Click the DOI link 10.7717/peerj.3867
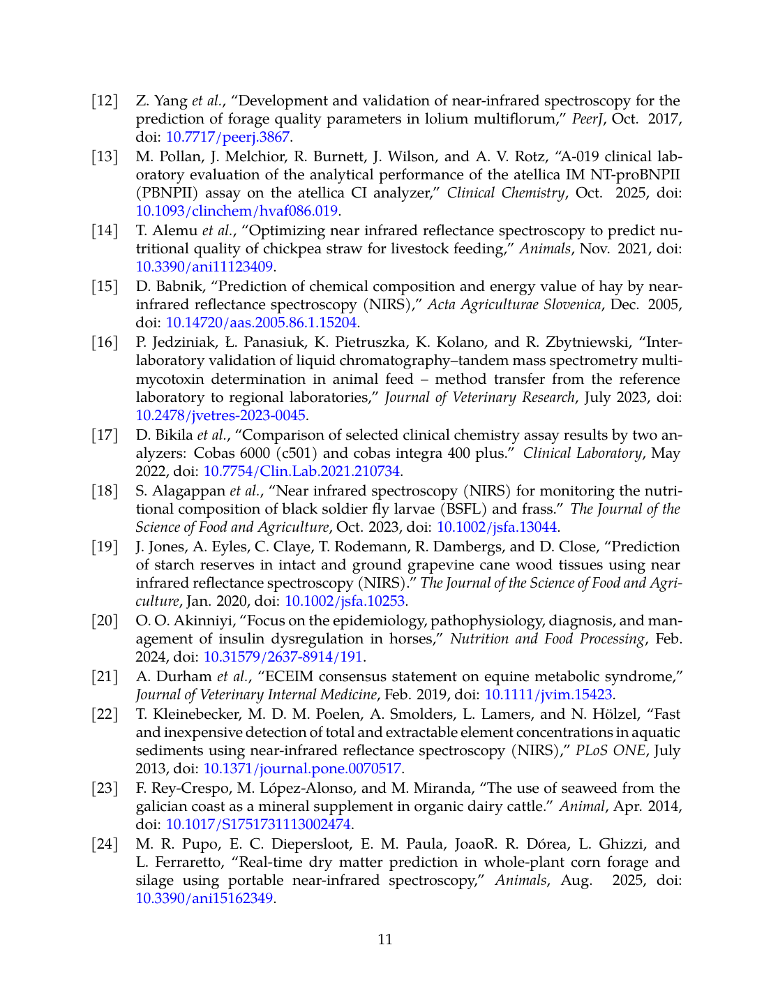tap(227, 137)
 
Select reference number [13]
tap(105, 156)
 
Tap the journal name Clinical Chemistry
tap(505, 193)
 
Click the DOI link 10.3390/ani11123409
tap(204, 267)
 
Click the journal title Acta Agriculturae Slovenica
tap(514, 304)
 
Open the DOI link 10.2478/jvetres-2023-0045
tap(220, 415)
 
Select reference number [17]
tap(105, 435)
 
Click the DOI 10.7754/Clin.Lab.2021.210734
tap(301, 471)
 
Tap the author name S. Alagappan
tap(181, 491)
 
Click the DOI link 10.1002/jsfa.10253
tap(345, 601)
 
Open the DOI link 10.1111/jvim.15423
tap(548, 694)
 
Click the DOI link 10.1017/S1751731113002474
tap(257, 824)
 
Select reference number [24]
tap(105, 844)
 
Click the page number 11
tap(385, 939)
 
